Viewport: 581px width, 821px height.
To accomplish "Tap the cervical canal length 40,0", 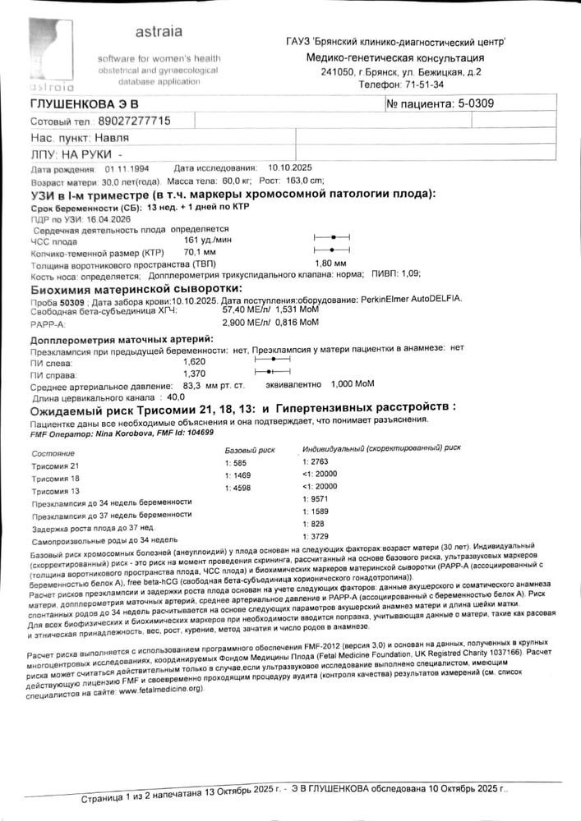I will point(176,397).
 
